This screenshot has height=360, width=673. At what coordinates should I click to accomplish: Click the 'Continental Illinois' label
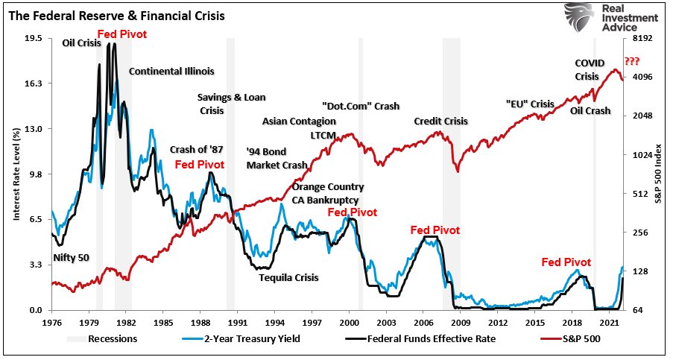pyautogui.click(x=171, y=72)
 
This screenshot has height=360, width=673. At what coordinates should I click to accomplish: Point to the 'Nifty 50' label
pyautogui.click(x=71, y=258)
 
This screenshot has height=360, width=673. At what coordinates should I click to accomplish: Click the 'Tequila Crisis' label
pyautogui.click(x=288, y=278)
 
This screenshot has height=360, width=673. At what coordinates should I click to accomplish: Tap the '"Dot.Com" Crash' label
pyautogui.click(x=361, y=106)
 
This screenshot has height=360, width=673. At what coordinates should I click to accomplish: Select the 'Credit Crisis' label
pyautogui.click(x=441, y=121)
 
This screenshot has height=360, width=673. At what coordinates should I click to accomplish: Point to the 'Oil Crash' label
pyautogui.click(x=590, y=111)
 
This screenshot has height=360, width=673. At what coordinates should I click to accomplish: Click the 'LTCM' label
pyautogui.click(x=323, y=135)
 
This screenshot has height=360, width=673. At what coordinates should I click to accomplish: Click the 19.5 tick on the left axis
pyautogui.click(x=34, y=38)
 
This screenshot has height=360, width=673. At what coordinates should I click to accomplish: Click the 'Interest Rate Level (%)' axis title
pyautogui.click(x=15, y=174)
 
